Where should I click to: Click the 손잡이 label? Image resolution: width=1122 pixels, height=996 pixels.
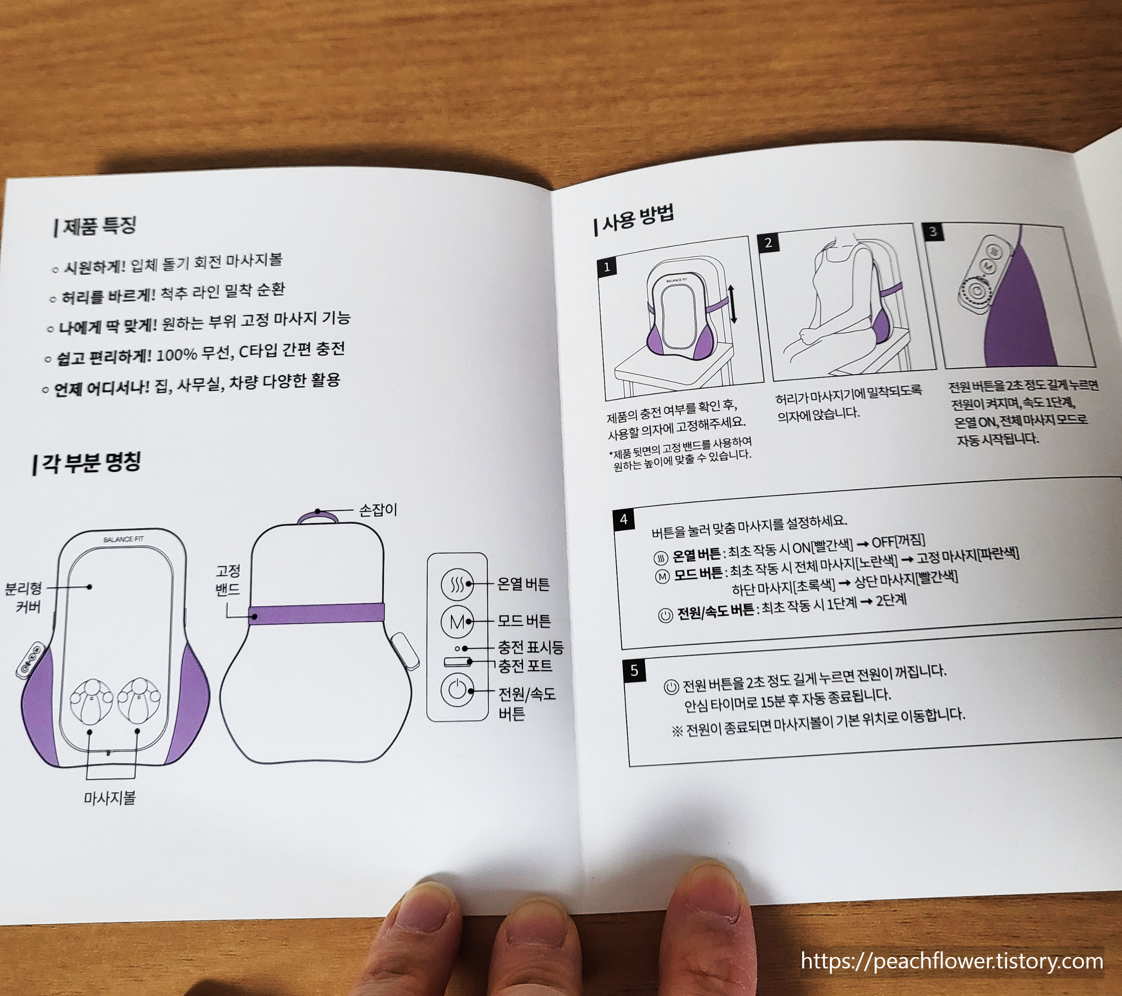[x=377, y=510]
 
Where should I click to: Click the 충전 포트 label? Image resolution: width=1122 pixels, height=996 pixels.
[x=525, y=666]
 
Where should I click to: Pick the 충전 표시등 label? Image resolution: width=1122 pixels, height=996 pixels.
[x=530, y=647]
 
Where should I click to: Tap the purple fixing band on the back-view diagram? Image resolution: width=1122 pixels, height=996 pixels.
[x=317, y=613]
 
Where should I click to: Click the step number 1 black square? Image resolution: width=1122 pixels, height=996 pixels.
[x=607, y=267]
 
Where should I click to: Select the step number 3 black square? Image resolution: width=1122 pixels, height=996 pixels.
[x=933, y=231]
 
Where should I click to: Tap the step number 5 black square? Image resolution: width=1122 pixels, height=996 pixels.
[x=634, y=670]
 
